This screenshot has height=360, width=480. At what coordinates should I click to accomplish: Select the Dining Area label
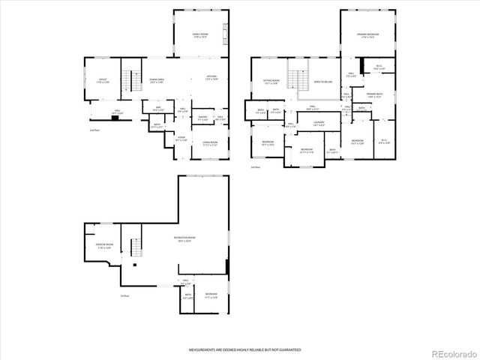156,80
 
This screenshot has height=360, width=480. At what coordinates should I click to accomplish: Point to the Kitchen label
213,77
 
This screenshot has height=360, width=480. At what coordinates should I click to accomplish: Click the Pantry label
202,118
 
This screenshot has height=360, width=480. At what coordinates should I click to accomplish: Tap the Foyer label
181,139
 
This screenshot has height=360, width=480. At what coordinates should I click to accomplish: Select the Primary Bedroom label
367,35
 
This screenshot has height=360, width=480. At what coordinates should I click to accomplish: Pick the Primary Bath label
374,95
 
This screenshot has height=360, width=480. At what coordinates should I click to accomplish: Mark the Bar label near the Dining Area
158,108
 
